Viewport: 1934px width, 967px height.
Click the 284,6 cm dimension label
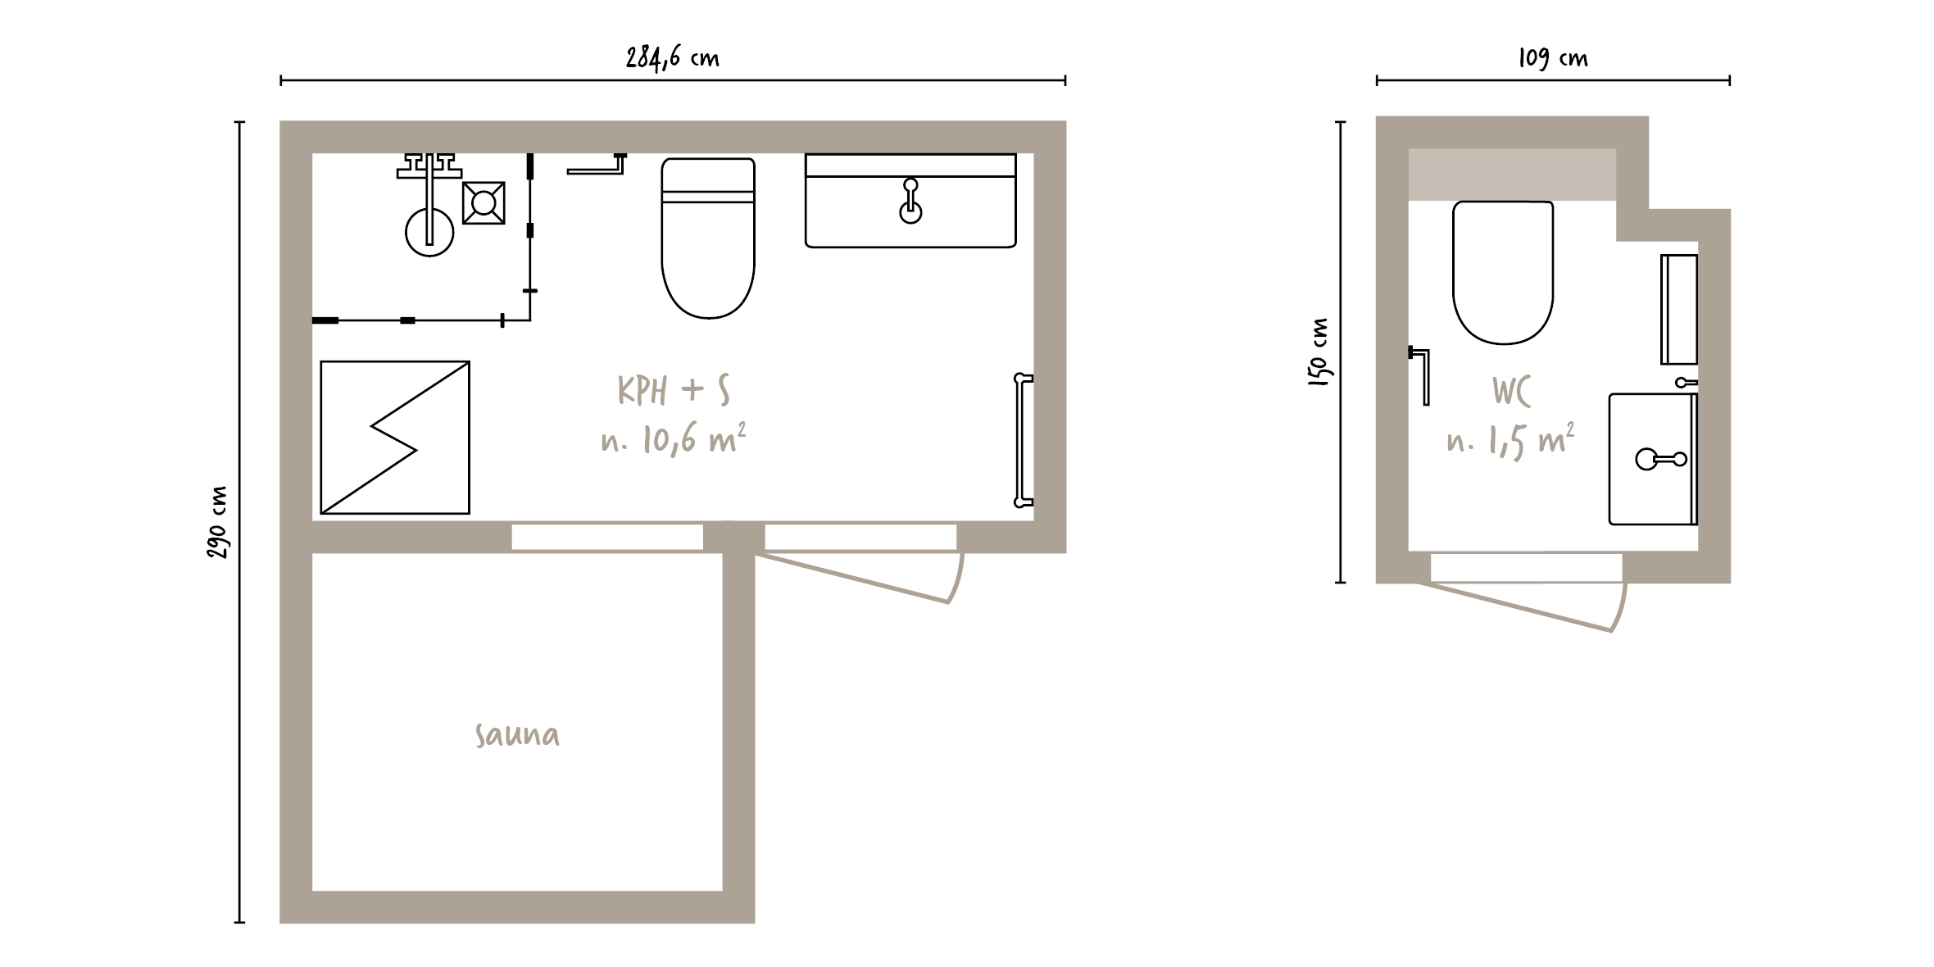[x=673, y=58]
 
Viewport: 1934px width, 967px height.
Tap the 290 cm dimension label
[x=218, y=523]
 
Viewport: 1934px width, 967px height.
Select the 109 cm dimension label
[x=1553, y=58]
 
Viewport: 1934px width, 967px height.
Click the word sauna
[x=517, y=735]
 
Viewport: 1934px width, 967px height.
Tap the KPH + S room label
[x=674, y=391]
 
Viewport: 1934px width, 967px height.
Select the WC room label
[x=1511, y=393]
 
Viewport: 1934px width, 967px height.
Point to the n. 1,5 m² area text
[x=1510, y=441]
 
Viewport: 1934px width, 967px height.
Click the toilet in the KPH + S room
[x=708, y=238]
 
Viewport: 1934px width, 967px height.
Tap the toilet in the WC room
[x=1503, y=272]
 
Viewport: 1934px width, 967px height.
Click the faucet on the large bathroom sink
[x=910, y=202]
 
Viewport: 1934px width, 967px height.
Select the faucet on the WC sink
[x=1660, y=459]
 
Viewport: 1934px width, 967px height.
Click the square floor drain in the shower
[x=483, y=202]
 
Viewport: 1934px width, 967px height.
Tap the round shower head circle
[x=429, y=233]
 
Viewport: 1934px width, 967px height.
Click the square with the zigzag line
[x=395, y=438]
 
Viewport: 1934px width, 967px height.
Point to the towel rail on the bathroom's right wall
[x=1023, y=440]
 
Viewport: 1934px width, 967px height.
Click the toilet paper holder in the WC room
[x=1422, y=376]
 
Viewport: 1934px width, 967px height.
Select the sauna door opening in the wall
[x=607, y=538]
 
